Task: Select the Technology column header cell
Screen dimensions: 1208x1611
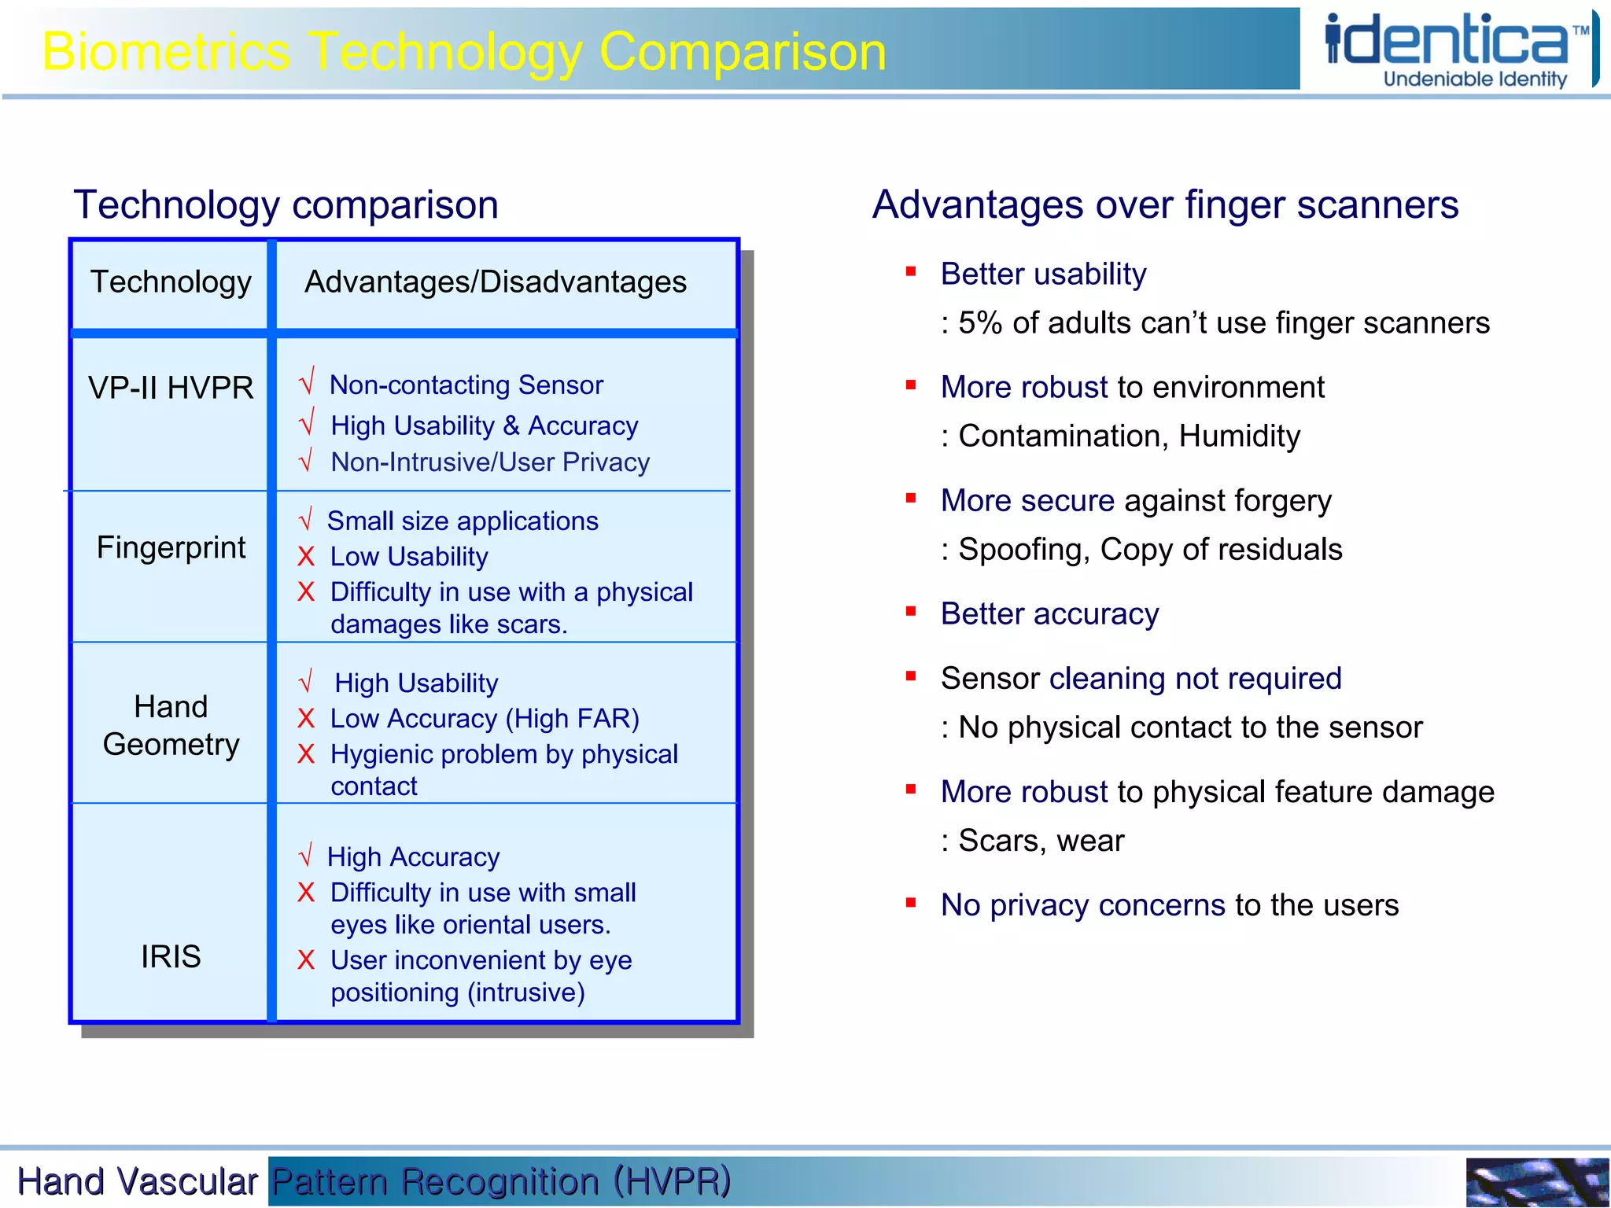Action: pos(171,282)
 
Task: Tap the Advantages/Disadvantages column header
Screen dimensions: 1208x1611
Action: pos(496,282)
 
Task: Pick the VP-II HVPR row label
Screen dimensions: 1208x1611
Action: pos(171,388)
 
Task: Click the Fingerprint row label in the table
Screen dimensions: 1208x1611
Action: pos(171,547)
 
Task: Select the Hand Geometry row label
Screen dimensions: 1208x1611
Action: pos(171,725)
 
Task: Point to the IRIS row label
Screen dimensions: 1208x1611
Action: pos(171,956)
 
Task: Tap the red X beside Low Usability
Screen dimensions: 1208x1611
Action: pos(306,557)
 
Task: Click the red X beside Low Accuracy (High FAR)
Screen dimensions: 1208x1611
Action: pos(306,719)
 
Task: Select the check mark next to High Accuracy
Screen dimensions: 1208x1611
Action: pos(306,854)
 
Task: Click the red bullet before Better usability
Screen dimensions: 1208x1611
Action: pos(911,272)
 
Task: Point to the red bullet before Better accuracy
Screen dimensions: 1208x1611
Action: pos(911,611)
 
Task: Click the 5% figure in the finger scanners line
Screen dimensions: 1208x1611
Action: pos(980,323)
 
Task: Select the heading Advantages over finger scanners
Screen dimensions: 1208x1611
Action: pos(1165,205)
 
